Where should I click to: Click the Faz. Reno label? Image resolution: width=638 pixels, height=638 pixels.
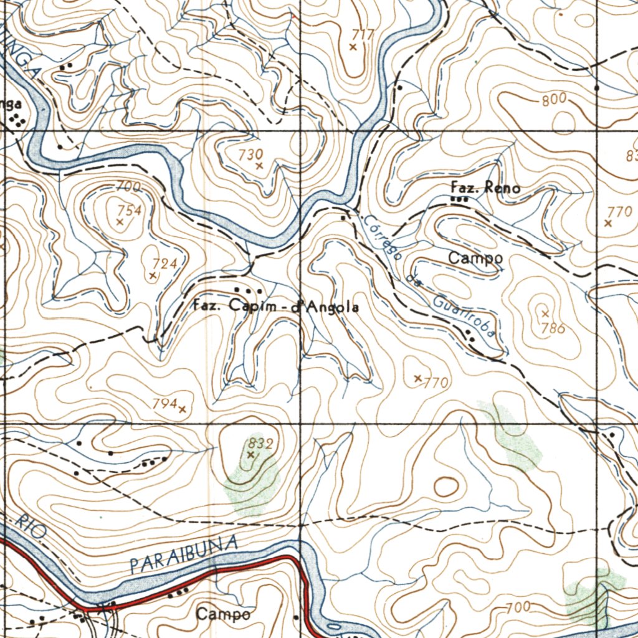[x=485, y=188]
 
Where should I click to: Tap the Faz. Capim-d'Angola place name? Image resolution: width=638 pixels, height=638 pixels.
[x=275, y=307]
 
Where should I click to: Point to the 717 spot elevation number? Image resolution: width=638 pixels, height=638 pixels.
[x=362, y=35]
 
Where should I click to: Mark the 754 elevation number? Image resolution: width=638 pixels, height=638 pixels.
[x=130, y=211]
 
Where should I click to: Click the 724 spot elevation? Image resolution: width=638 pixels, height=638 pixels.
[x=165, y=264]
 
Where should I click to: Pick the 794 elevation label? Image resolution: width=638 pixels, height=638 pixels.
[x=165, y=404]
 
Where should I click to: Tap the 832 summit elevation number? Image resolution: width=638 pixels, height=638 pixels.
[x=260, y=444]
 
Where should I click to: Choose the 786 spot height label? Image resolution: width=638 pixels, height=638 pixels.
[x=553, y=328]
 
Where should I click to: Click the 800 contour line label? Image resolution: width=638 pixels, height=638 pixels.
[x=554, y=99]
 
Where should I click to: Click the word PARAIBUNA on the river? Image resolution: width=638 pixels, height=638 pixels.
[x=184, y=554]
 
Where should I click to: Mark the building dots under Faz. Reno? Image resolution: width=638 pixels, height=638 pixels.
[x=459, y=199]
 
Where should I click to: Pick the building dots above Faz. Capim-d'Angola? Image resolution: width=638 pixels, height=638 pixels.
[x=247, y=290]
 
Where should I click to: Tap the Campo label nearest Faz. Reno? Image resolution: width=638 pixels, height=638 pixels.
[x=475, y=257]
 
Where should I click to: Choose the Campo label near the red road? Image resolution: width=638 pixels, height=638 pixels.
[x=224, y=614]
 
